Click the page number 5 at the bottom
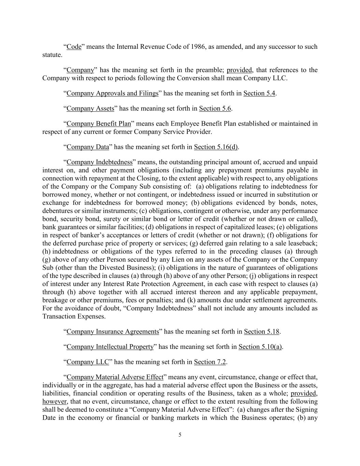tap(180, 435)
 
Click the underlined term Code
tap(74, 47)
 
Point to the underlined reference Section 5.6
tap(215, 109)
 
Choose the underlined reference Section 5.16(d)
tap(216, 147)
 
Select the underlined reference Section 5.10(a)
tap(260, 347)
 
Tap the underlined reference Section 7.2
tap(210, 362)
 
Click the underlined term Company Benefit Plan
tap(99, 124)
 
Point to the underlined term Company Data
tap(88, 147)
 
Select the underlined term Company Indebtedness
tap(99, 162)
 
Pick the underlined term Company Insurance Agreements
tap(113, 331)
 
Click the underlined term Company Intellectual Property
tap(110, 347)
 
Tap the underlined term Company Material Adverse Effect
tap(115, 377)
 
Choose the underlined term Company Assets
tap(90, 109)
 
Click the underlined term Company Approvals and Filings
tap(112, 94)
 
